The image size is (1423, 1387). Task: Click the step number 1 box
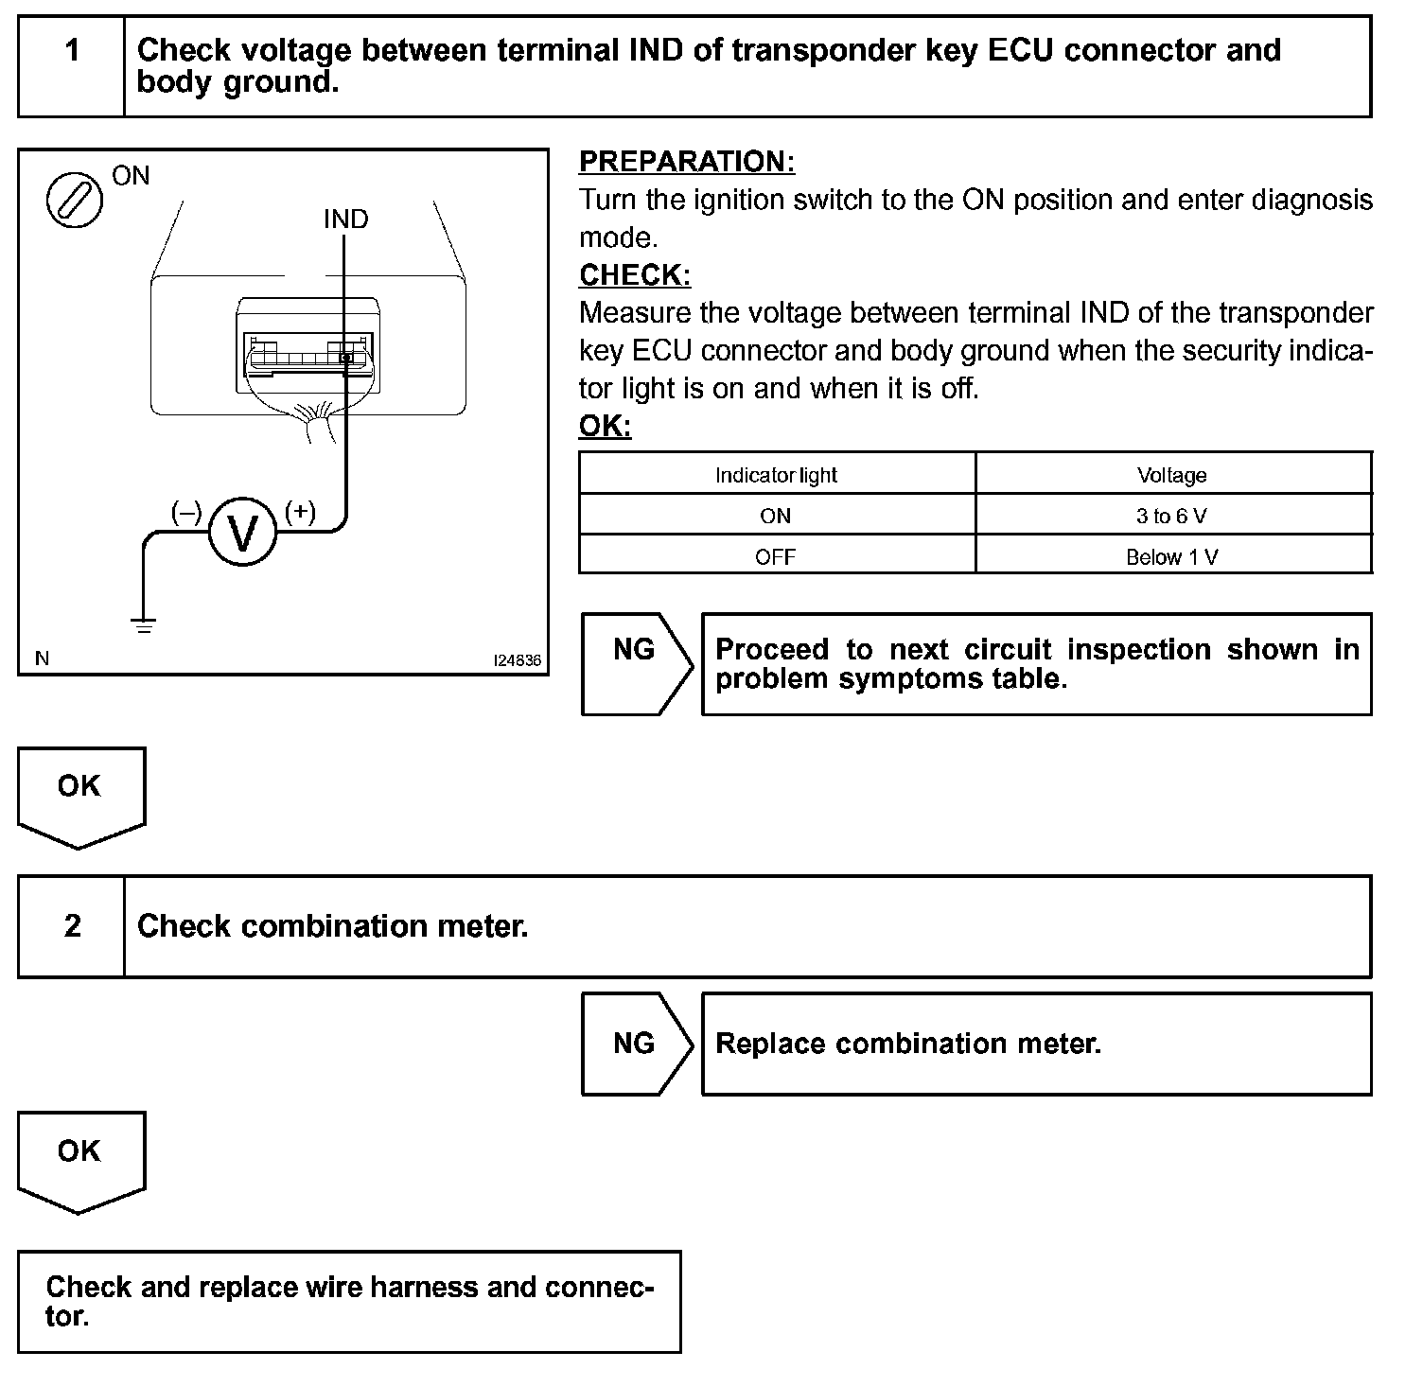click(72, 66)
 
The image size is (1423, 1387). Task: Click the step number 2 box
click(72, 926)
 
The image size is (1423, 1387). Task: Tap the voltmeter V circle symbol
click(243, 534)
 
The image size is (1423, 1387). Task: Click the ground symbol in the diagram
click(144, 625)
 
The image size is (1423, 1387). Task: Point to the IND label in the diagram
click(345, 219)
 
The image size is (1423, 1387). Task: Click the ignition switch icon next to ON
click(75, 200)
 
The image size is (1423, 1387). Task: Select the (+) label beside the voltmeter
click(300, 512)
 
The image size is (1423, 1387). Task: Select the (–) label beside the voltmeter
click(186, 512)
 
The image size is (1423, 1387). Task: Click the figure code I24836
click(517, 660)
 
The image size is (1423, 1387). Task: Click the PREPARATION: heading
click(687, 162)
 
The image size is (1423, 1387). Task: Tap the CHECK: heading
click(635, 275)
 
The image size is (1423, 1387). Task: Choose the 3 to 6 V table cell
click(1172, 516)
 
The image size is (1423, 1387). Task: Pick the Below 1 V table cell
click(1172, 557)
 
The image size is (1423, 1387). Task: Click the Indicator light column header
click(776, 475)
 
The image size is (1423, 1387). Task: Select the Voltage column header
click(1172, 475)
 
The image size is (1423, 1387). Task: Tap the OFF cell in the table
click(776, 557)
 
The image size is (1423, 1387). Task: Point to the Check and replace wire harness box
click(349, 1302)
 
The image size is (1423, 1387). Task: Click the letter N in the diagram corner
click(43, 658)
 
